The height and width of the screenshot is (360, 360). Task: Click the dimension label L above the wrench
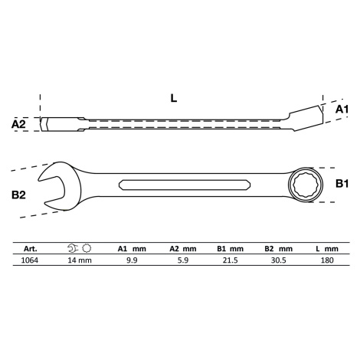click(174, 98)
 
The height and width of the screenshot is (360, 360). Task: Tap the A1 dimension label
click(342, 110)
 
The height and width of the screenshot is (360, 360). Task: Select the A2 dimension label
click(18, 124)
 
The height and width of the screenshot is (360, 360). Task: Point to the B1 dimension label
click(342, 183)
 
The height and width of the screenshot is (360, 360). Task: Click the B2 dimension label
click(18, 195)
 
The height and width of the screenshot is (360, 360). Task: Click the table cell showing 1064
click(29, 260)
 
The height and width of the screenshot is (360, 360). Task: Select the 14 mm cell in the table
click(80, 260)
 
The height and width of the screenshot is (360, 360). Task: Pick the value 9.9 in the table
click(132, 260)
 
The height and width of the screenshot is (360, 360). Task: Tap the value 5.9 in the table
click(183, 260)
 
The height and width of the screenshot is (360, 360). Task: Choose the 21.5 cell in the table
click(231, 260)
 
